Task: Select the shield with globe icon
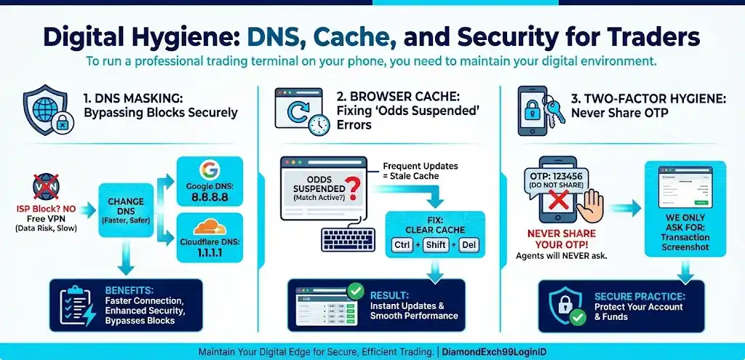click(45, 109)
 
